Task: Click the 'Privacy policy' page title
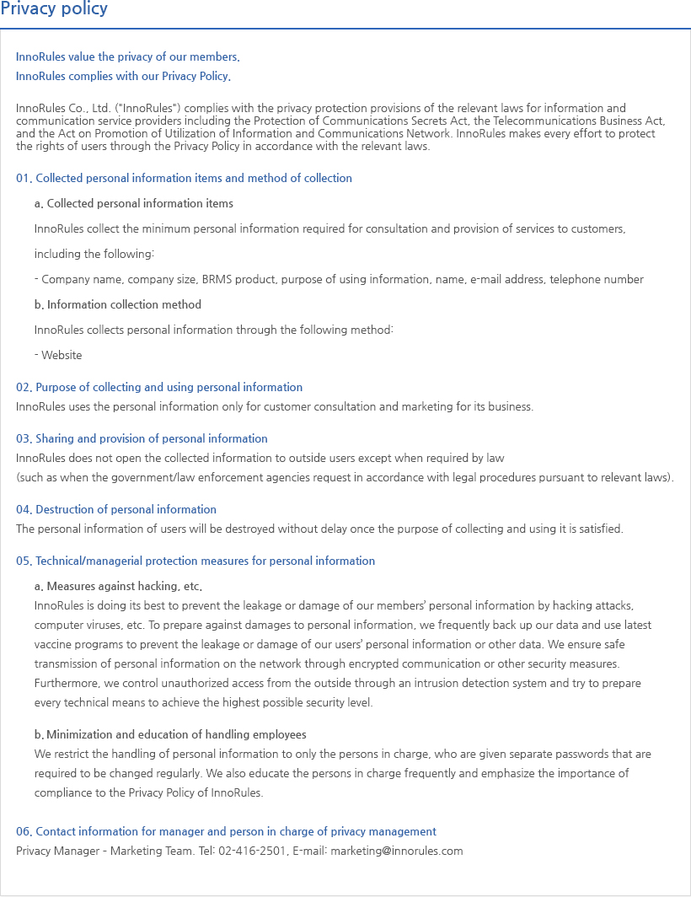click(54, 10)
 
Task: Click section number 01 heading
click(184, 178)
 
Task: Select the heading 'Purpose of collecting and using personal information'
click(159, 387)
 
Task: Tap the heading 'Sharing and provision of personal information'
click(142, 438)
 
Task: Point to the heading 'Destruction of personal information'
click(116, 509)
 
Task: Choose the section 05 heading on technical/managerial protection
click(196, 561)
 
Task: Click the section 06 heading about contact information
click(226, 831)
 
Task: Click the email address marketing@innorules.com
click(396, 851)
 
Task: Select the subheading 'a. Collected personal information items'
click(134, 203)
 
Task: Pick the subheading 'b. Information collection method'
click(118, 304)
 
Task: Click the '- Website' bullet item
click(58, 355)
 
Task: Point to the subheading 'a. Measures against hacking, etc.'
click(118, 586)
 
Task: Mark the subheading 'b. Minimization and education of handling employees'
click(170, 734)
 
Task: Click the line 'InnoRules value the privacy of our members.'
click(127, 57)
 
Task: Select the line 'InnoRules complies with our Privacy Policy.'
click(123, 76)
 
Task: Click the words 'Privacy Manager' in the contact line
click(56, 851)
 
